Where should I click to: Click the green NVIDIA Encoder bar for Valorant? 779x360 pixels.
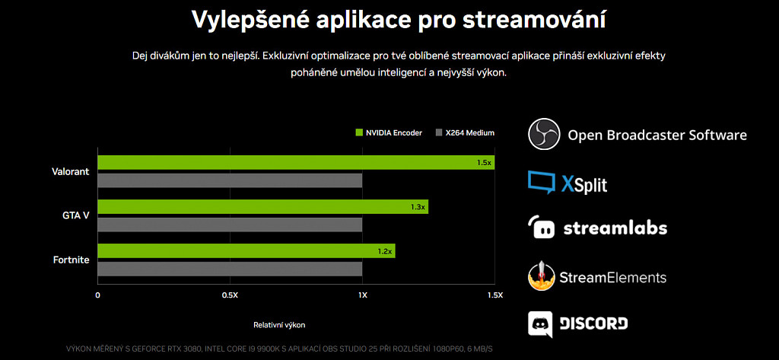click(x=296, y=162)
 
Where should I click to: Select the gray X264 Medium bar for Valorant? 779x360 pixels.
click(x=230, y=180)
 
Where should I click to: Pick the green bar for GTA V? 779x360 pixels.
click(x=262, y=207)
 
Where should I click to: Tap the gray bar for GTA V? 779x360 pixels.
click(x=230, y=225)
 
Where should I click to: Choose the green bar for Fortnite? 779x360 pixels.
click(x=246, y=251)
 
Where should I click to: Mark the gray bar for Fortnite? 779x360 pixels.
click(x=230, y=269)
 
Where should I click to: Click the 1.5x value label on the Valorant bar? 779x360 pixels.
click(x=484, y=163)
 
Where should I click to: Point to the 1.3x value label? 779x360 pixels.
click(x=418, y=207)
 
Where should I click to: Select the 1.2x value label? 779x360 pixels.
click(x=385, y=251)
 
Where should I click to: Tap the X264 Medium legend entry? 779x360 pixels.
click(x=465, y=132)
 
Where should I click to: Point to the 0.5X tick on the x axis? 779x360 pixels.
click(x=230, y=295)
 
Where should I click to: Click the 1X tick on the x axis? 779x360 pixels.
click(x=362, y=295)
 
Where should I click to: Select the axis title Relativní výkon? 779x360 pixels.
click(x=279, y=325)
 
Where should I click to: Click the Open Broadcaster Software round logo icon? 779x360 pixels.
click(x=543, y=135)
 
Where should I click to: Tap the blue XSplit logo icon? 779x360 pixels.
click(x=542, y=183)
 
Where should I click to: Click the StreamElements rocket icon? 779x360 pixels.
click(x=542, y=276)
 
